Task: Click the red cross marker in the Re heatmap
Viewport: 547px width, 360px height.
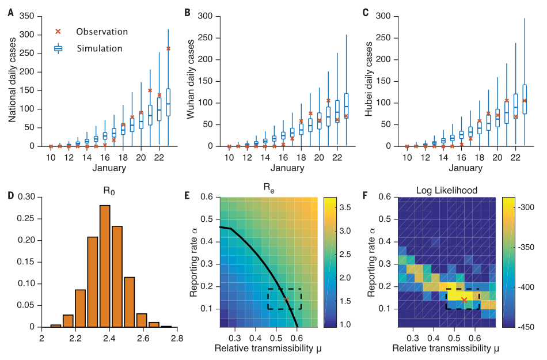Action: point(286,300)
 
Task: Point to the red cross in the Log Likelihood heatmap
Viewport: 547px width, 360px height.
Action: point(464,300)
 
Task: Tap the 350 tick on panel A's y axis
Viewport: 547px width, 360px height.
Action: point(27,16)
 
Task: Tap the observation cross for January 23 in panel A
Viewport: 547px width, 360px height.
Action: point(168,48)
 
